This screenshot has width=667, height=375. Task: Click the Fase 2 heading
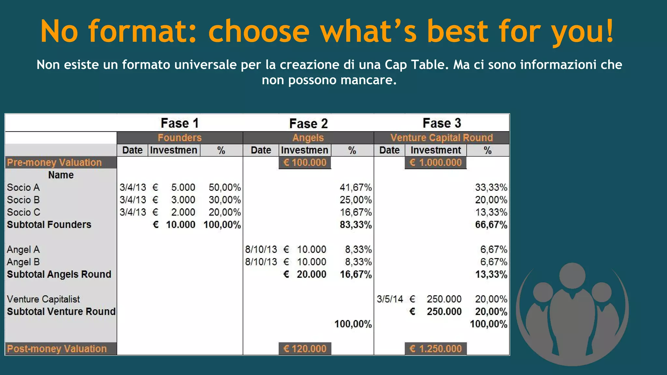point(308,124)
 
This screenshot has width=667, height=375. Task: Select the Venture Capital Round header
point(442,138)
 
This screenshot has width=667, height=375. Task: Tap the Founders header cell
point(180,138)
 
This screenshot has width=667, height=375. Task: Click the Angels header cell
point(308,138)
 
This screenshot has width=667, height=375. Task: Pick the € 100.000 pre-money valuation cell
point(305,162)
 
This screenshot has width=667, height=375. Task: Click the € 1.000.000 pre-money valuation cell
point(436,162)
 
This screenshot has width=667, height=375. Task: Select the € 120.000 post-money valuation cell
point(305,349)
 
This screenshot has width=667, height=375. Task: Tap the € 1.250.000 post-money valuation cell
point(436,349)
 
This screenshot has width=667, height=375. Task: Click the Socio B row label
point(23,200)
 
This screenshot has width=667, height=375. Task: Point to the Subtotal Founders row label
point(49,225)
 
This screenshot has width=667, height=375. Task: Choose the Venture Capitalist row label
point(43,299)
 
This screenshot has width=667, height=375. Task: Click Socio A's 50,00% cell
point(225,187)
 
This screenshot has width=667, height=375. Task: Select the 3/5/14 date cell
point(390,299)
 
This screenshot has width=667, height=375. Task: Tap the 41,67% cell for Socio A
point(356,187)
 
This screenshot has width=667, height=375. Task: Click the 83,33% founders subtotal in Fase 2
point(356,225)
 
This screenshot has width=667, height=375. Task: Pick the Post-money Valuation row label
point(57,349)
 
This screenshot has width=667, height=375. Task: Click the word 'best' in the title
point(458,31)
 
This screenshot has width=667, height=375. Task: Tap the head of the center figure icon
point(572,275)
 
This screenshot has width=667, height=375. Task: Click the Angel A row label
point(23,250)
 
